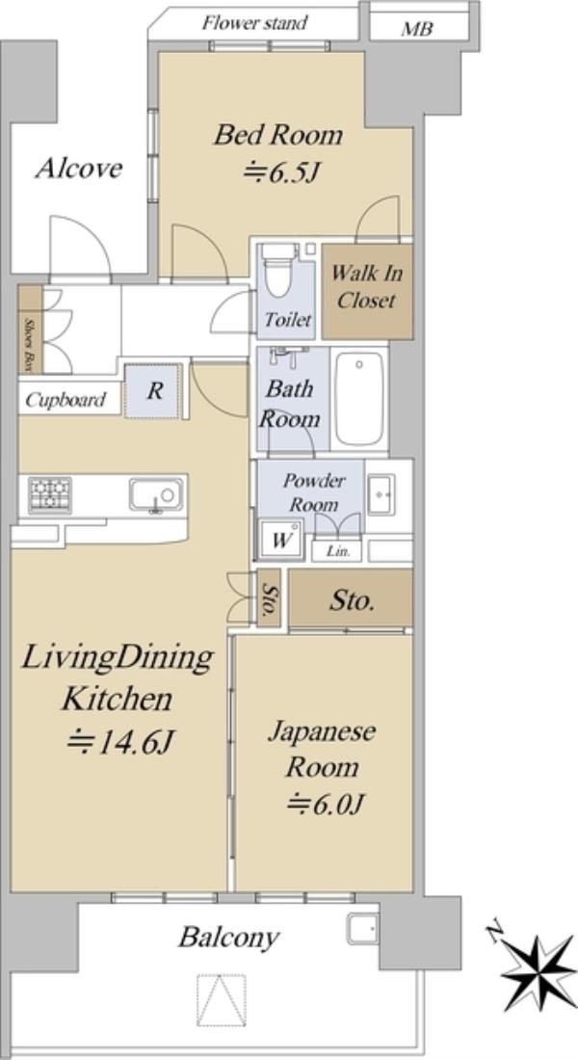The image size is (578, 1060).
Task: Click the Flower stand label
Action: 255,23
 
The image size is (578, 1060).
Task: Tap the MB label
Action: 416,29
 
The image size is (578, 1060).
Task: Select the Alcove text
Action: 78,169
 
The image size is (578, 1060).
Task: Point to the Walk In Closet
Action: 367,291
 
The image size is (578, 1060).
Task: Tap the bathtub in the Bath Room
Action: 359,398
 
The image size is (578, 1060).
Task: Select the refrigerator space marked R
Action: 154,391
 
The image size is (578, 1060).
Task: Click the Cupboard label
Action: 66,400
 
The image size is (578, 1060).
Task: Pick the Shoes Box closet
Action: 31,330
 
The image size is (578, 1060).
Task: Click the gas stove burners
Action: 49,495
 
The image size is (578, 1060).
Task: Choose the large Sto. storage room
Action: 351,597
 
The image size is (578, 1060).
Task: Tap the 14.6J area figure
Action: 121,743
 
